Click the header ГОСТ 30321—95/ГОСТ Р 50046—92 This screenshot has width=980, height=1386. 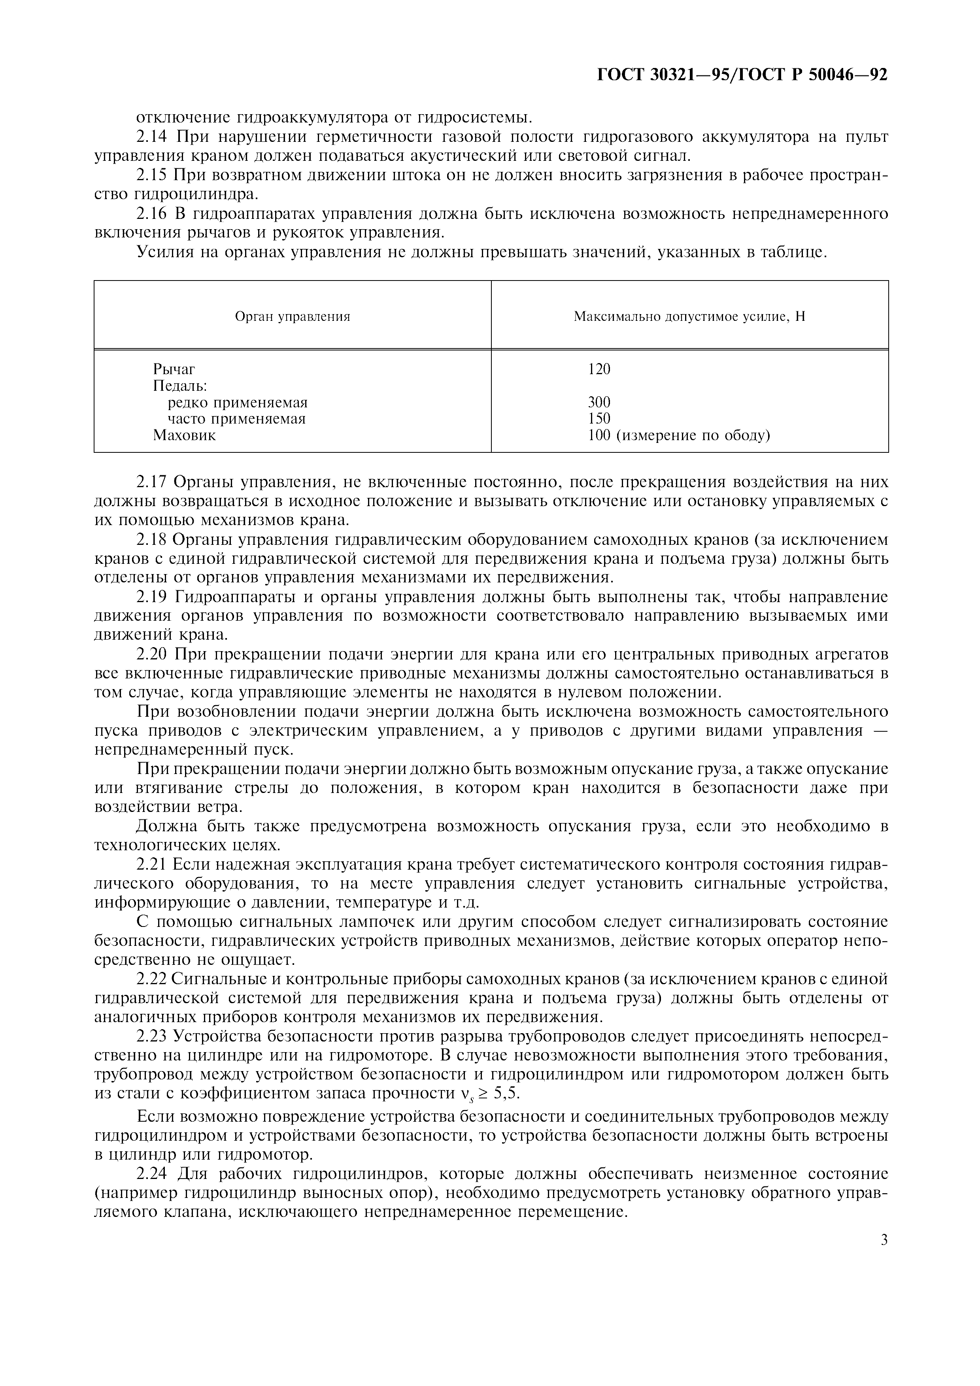click(x=742, y=75)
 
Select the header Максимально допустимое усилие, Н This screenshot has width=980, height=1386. click(x=689, y=317)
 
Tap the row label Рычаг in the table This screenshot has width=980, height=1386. click(x=174, y=369)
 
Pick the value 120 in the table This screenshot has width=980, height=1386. click(x=599, y=369)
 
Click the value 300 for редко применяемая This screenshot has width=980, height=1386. click(x=599, y=402)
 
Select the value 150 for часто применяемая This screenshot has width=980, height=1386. click(x=599, y=418)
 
